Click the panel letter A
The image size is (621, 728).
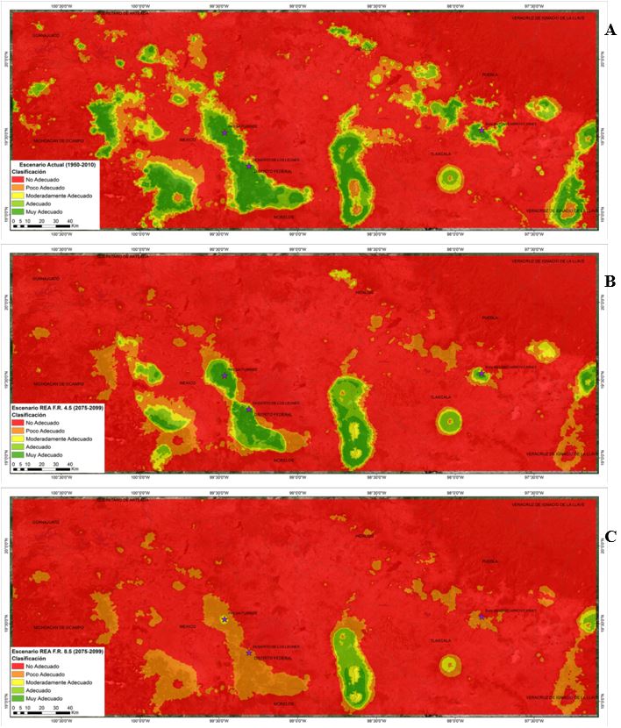(x=610, y=30)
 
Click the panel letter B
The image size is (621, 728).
(x=610, y=282)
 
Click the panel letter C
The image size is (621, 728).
(x=610, y=534)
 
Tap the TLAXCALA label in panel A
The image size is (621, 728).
(x=440, y=153)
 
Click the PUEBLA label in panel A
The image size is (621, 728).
(x=489, y=75)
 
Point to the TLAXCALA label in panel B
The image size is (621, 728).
(x=440, y=396)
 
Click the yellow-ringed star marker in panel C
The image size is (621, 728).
(x=225, y=619)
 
